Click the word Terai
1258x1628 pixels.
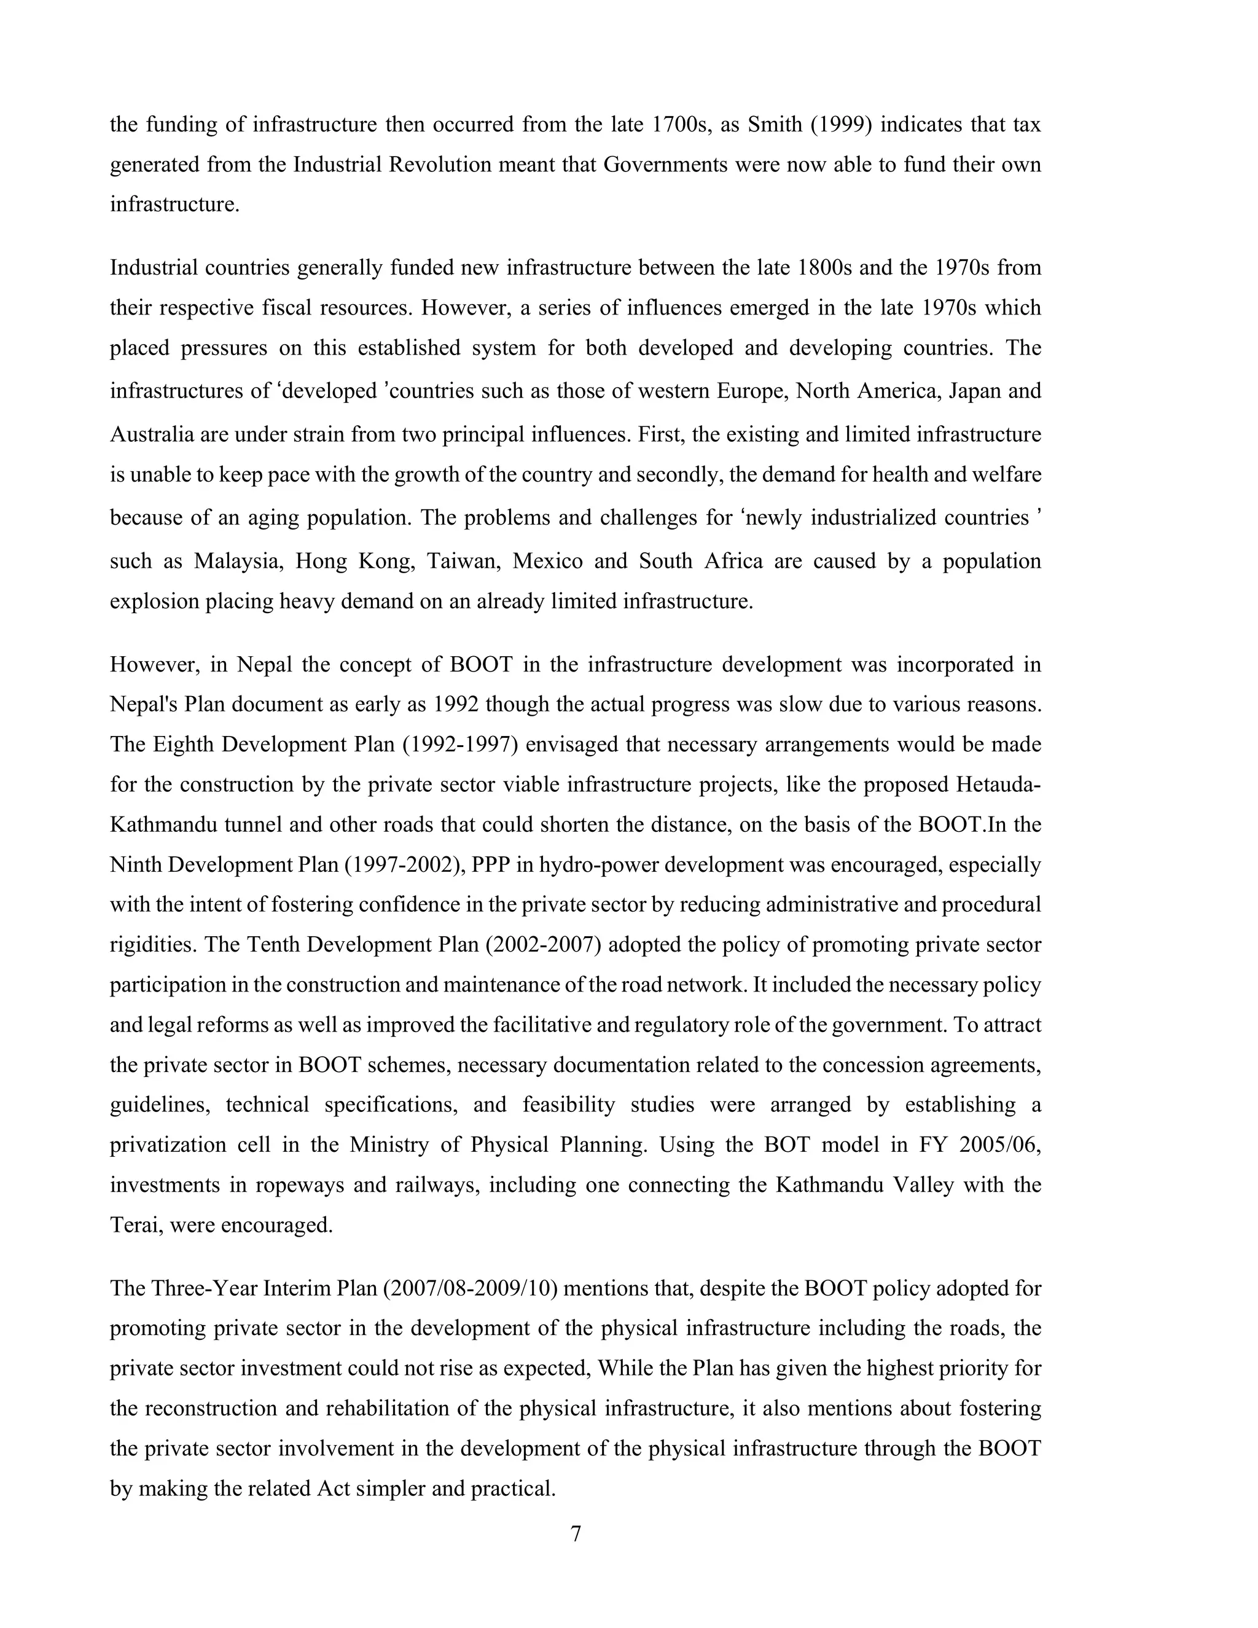[x=135, y=1224]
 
